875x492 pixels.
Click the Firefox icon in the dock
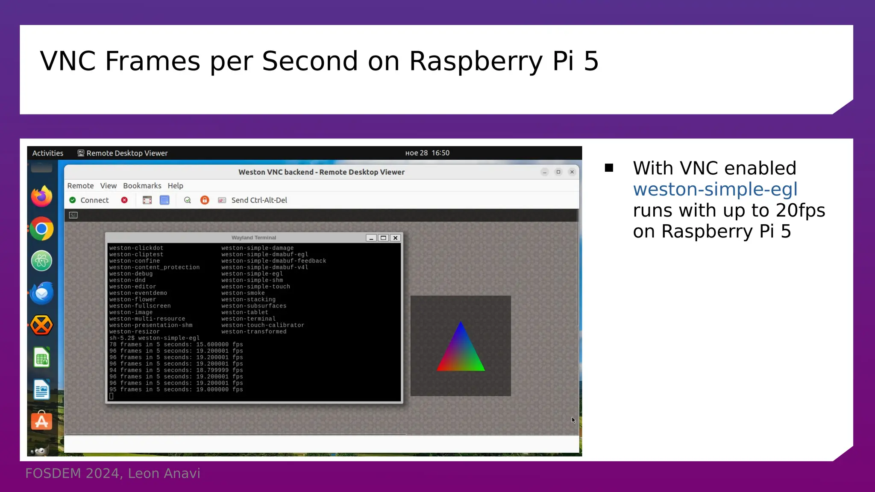41,196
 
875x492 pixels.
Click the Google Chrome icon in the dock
41,229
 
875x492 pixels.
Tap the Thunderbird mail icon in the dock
41,293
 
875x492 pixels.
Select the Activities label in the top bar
47,153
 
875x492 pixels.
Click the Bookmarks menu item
142,186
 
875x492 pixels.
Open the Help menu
175,186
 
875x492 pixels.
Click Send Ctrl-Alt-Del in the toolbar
258,200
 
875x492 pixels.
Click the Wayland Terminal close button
396,238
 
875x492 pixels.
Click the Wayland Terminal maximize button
383,238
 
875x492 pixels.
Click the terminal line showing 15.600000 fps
176,345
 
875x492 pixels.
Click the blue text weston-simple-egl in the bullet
715,189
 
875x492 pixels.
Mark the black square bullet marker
609,168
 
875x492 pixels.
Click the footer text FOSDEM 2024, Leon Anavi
112,473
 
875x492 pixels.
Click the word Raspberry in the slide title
476,61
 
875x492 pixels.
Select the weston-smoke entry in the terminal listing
243,293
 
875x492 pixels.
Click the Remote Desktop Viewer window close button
572,172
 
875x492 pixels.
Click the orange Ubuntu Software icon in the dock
41,421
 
